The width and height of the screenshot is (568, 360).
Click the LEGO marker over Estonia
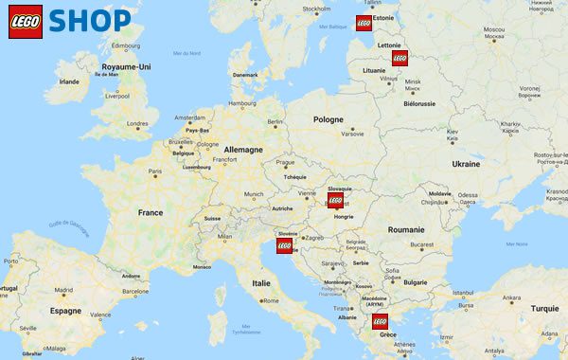point(364,24)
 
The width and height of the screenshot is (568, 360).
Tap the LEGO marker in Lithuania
point(399,57)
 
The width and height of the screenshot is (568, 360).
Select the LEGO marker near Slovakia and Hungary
point(335,199)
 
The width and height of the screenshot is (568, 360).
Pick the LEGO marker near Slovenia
point(284,244)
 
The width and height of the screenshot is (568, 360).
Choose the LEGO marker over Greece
point(381,320)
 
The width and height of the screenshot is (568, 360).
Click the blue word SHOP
point(90,21)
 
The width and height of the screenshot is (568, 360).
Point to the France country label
point(151,212)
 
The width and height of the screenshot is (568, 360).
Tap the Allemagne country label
point(243,150)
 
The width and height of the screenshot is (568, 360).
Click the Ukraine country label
point(466,164)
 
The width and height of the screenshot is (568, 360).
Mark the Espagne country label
point(65,310)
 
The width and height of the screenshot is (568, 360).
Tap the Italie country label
point(259,282)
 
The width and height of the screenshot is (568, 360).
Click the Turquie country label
point(544,309)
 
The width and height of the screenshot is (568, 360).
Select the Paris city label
point(157,171)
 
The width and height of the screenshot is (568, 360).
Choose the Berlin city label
point(275,121)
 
